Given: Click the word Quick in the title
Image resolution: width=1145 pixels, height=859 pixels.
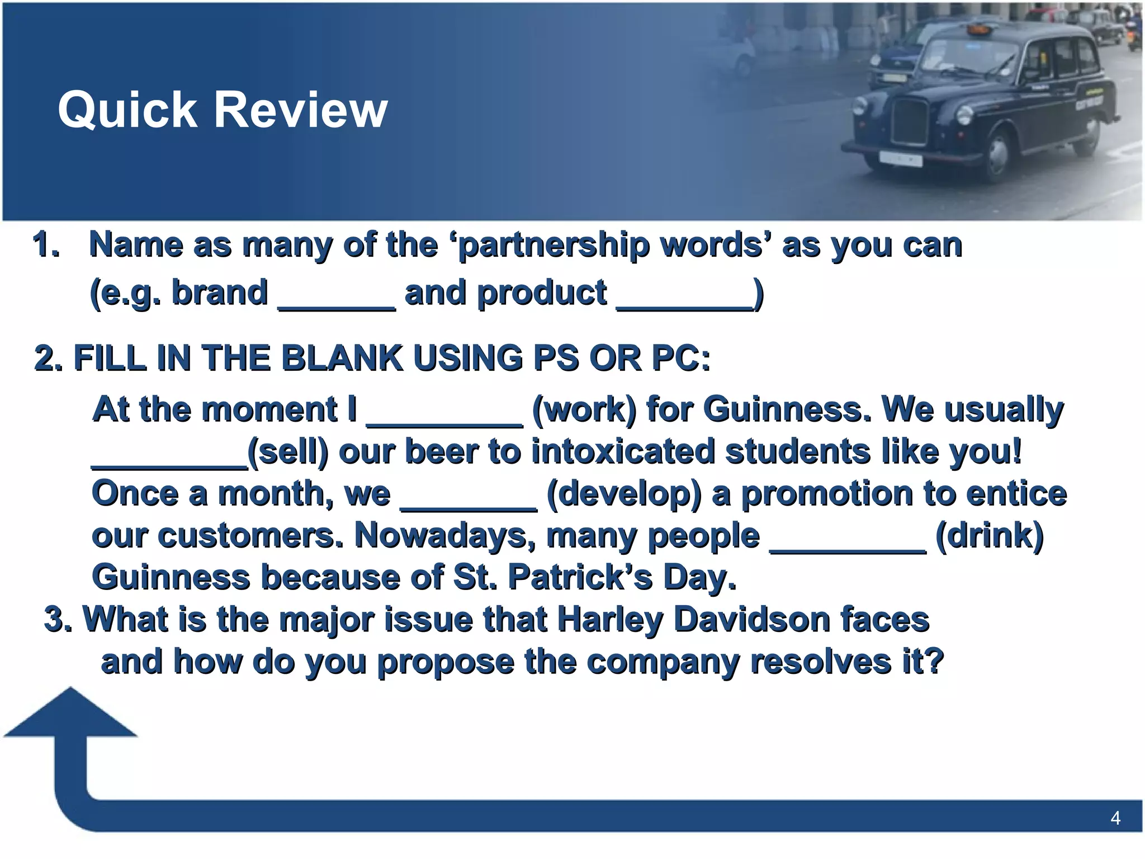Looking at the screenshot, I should [127, 111].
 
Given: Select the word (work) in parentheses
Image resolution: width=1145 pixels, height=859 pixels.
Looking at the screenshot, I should [584, 410].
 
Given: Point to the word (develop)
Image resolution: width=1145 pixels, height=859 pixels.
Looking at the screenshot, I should [624, 494].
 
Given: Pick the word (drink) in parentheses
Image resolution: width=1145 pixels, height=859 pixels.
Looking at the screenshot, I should [989, 536].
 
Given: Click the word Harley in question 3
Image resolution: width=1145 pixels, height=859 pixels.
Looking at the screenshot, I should [610, 620].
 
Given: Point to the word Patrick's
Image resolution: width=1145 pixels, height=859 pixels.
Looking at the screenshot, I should [580, 578].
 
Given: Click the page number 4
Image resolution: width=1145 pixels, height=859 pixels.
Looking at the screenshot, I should [1115, 818].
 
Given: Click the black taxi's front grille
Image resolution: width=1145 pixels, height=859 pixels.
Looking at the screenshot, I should [911, 121].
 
